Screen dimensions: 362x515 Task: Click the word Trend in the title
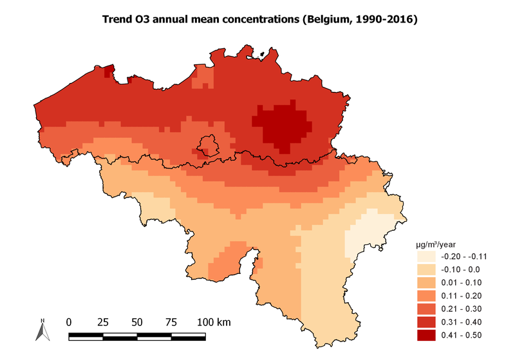(x=118, y=21)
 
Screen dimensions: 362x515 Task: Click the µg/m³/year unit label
(x=436, y=244)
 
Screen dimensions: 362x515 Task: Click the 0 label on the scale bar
(x=69, y=321)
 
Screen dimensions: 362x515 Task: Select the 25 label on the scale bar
(x=102, y=321)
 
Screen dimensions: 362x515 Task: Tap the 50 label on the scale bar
(x=137, y=321)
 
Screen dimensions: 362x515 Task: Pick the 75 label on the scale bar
(x=171, y=321)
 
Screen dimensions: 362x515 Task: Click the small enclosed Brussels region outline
(x=209, y=145)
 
